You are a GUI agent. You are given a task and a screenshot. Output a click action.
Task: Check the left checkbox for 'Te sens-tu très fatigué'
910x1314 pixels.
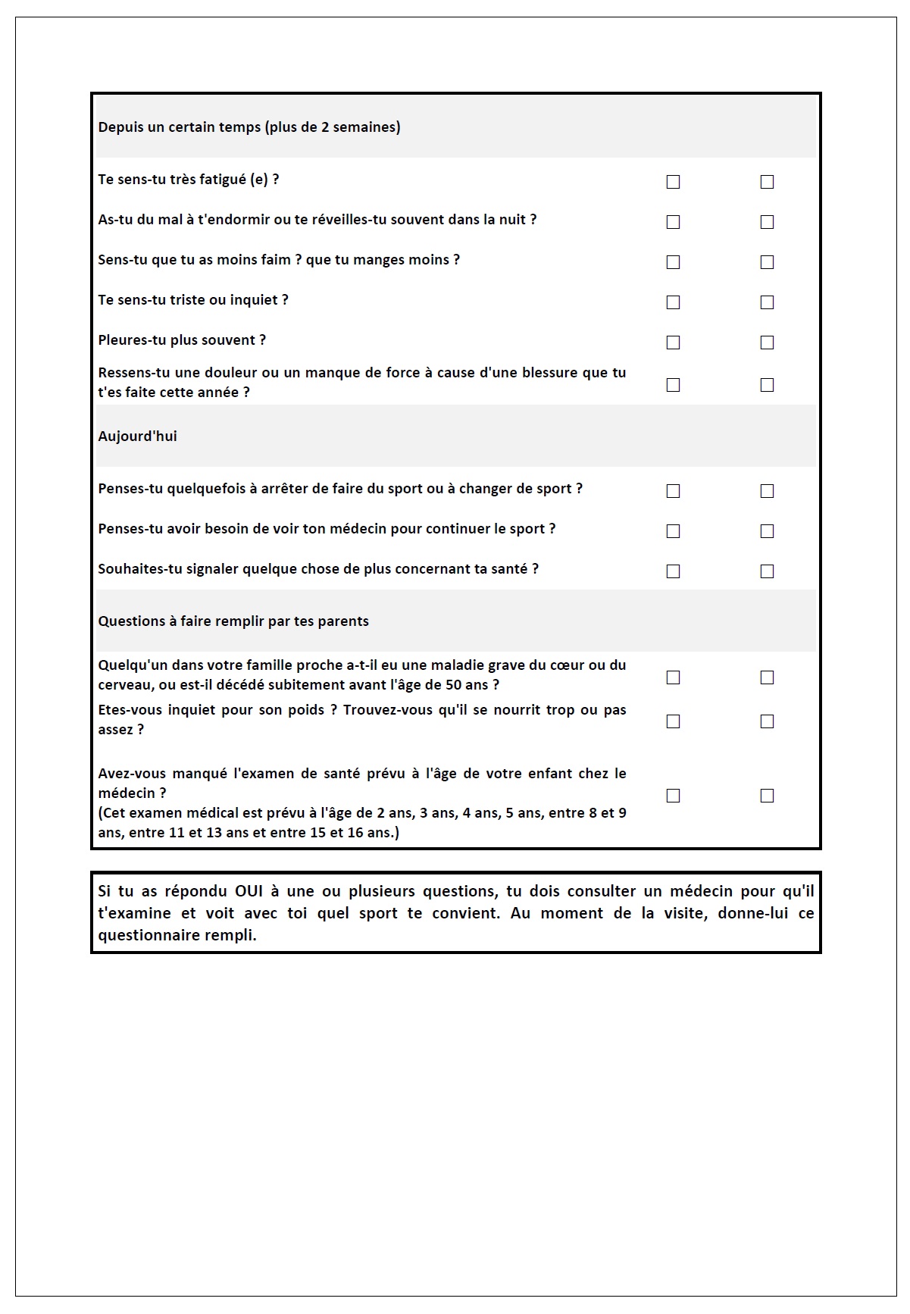point(673,182)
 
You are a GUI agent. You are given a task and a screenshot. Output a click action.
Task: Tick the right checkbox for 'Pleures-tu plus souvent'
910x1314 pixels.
point(767,343)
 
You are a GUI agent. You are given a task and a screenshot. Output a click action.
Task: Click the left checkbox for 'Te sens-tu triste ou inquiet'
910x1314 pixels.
point(673,302)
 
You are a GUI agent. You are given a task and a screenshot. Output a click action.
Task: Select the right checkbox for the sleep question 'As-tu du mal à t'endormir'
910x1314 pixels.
point(767,222)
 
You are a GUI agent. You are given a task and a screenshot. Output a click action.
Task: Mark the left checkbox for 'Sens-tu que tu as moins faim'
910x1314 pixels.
point(673,262)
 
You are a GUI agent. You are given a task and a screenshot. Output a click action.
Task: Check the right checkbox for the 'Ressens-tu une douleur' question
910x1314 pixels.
point(767,385)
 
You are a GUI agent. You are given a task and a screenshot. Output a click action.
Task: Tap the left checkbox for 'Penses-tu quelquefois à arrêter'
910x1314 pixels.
point(673,491)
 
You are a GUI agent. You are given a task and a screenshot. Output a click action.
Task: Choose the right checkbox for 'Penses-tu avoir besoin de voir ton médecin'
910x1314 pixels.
point(767,531)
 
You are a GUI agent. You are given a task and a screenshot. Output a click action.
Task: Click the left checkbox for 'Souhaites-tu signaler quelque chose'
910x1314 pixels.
point(673,571)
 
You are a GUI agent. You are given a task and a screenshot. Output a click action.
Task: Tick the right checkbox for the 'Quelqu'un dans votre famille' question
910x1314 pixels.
point(767,677)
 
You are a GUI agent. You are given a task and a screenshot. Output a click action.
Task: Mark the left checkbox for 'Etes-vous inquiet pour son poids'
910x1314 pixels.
point(673,721)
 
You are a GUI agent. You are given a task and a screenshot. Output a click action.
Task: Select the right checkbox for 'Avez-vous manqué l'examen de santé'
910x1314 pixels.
point(767,796)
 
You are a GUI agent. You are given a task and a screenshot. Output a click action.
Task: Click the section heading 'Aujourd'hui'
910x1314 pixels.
point(137,436)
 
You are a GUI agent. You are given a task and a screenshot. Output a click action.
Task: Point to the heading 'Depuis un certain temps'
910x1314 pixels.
point(249,127)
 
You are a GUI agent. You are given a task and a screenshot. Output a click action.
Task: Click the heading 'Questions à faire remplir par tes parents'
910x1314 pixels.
point(233,621)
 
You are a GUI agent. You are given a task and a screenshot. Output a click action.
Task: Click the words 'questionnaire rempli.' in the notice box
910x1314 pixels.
point(177,936)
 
